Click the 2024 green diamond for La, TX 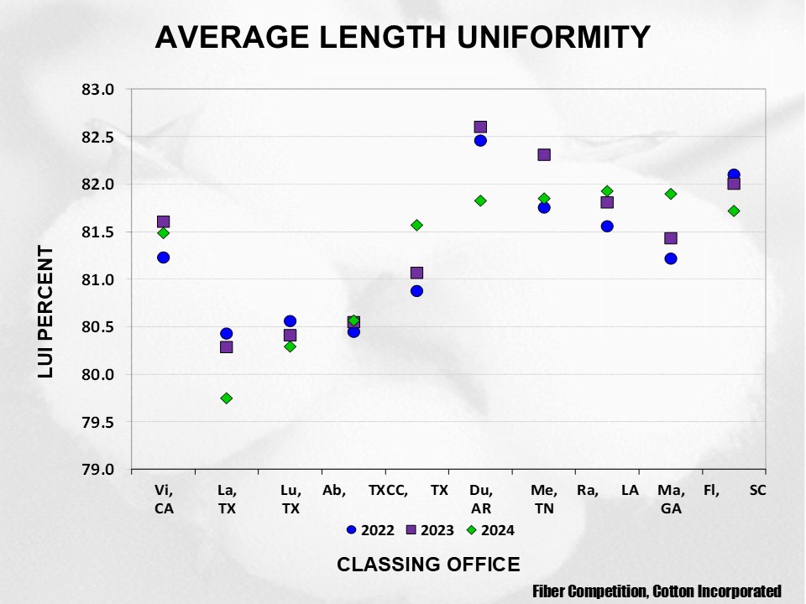click(x=227, y=398)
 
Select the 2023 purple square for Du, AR click(x=480, y=128)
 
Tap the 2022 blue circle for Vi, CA click(x=163, y=258)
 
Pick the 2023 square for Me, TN click(x=544, y=155)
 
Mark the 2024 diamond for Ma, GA click(x=671, y=194)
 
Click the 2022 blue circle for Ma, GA click(x=671, y=258)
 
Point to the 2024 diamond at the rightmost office click(x=734, y=211)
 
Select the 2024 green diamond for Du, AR click(x=480, y=201)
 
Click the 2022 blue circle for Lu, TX click(x=290, y=321)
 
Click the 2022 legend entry click(x=370, y=530)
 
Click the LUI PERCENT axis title click(x=46, y=311)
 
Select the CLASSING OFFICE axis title click(x=428, y=565)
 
